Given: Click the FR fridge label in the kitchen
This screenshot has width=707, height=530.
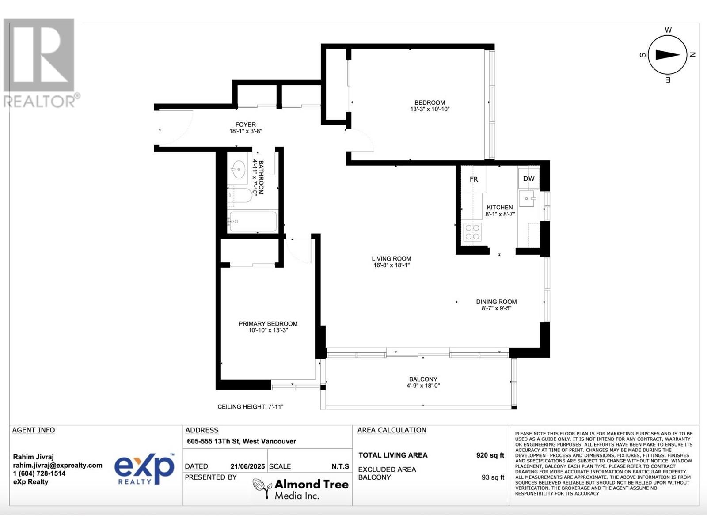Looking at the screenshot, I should click(x=474, y=179).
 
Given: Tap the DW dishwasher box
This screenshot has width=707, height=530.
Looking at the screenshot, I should click(x=528, y=178).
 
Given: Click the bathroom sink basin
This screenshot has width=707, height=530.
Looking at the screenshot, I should click(x=239, y=169).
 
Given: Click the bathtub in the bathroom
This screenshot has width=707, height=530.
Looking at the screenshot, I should click(x=253, y=221).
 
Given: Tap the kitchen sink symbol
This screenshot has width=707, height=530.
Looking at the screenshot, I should click(x=529, y=199).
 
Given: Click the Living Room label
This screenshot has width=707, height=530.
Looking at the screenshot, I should click(x=391, y=259).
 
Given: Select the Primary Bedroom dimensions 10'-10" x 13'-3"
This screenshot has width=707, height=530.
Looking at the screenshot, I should click(x=268, y=330).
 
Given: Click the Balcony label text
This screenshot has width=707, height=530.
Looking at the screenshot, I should click(x=423, y=379).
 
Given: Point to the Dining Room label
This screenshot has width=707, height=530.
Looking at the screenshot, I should click(x=496, y=302).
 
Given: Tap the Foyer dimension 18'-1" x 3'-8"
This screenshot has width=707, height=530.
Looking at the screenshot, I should click(x=246, y=131).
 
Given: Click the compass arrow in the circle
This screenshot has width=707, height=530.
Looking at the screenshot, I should click(x=667, y=55).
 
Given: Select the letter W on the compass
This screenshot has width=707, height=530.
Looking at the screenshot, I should click(x=668, y=30).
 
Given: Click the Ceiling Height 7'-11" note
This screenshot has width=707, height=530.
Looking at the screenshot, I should click(x=250, y=406).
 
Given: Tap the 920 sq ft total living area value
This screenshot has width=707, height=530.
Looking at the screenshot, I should click(x=490, y=455).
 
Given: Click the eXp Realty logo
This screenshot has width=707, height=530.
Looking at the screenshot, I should click(x=144, y=469).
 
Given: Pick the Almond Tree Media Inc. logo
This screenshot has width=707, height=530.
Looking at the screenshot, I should click(x=300, y=489).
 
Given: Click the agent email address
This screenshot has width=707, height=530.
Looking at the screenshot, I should click(x=57, y=465).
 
